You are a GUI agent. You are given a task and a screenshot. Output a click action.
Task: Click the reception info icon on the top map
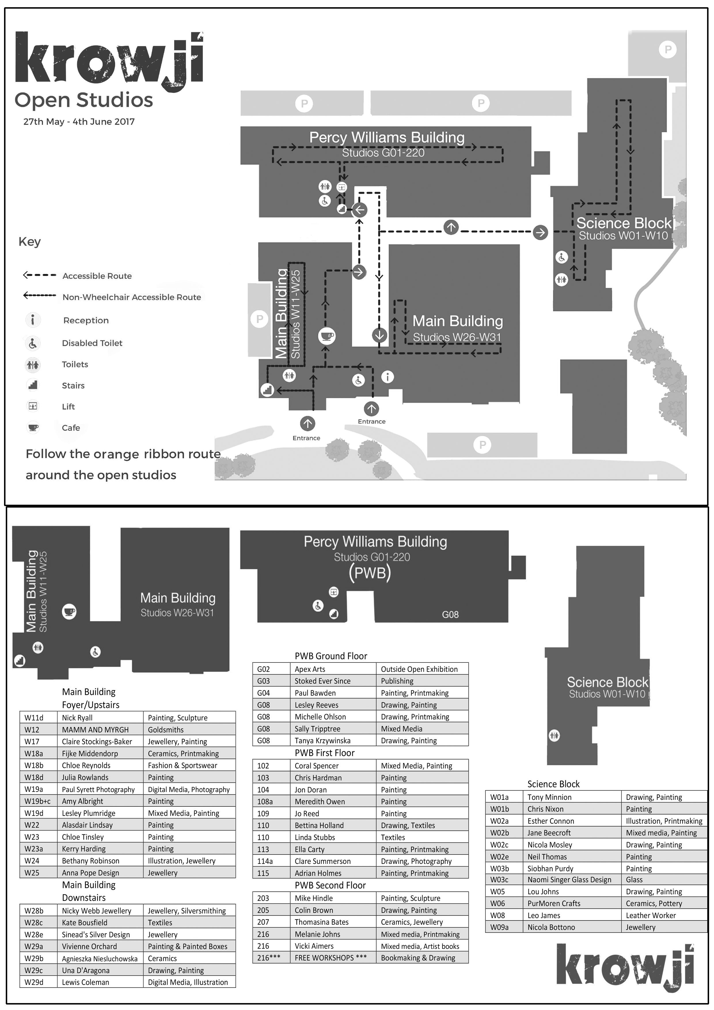[388, 377]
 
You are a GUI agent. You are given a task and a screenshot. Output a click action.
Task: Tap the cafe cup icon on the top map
[327, 336]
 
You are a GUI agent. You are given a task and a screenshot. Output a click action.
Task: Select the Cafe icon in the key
[33, 427]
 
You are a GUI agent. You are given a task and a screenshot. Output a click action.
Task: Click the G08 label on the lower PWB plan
[450, 614]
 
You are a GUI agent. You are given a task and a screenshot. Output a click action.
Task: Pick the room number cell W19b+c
[37, 801]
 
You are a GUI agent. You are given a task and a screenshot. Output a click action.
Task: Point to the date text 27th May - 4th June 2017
[79, 122]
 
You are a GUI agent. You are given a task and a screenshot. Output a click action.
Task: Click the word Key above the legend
[29, 242]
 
